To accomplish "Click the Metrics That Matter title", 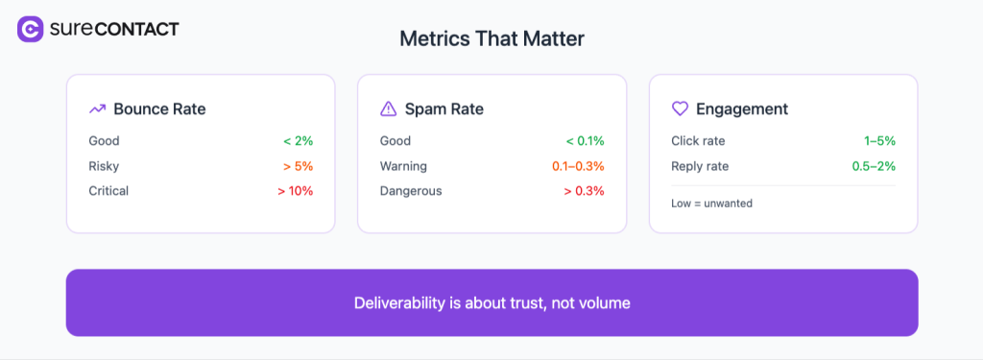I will [x=491, y=39].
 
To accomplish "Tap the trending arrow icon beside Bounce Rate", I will [x=97, y=109].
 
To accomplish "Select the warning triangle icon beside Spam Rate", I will [x=388, y=109].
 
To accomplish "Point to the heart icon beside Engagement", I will [x=680, y=109].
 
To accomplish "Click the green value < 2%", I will [x=298, y=141].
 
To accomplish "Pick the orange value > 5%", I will [x=298, y=166].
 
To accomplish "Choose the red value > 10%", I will [x=295, y=191].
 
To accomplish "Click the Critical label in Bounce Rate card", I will [x=108, y=191].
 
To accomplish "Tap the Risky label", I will [x=104, y=166].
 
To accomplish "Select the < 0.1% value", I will [x=585, y=141].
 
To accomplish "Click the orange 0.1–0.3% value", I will [x=578, y=166].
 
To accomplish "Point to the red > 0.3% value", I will [x=585, y=191].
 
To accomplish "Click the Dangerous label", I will [x=411, y=191].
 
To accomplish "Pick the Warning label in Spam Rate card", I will [x=403, y=166].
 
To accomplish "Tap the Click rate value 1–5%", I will [x=879, y=141].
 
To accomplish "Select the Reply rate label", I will [x=700, y=166].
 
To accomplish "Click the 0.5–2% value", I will [x=874, y=166].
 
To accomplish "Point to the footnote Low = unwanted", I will [x=711, y=204].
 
